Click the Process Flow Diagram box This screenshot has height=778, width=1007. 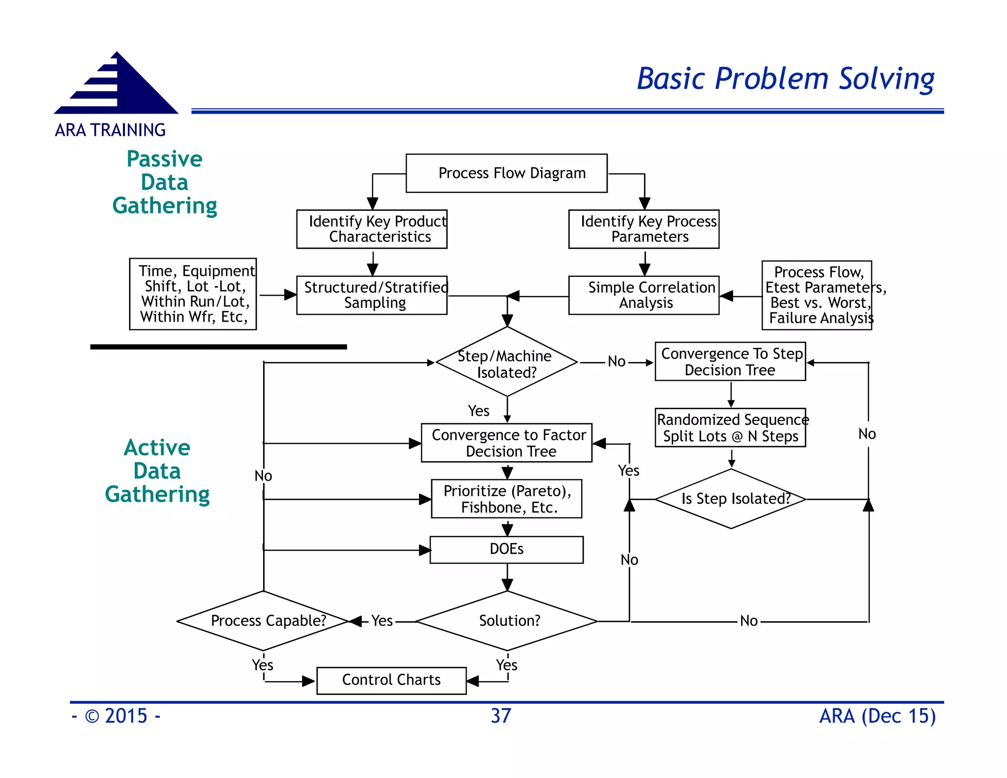(x=506, y=173)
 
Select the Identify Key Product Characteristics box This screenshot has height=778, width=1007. (x=372, y=229)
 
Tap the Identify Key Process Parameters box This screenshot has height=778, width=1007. (x=644, y=229)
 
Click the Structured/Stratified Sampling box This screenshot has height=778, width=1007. (x=372, y=295)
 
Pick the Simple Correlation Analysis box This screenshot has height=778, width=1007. (x=644, y=295)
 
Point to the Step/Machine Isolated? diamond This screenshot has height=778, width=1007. (x=507, y=362)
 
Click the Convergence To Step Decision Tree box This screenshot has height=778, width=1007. (x=730, y=361)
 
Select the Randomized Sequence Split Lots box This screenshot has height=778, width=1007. (x=730, y=427)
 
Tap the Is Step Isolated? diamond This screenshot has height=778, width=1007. (x=731, y=499)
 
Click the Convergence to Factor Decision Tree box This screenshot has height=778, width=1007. (x=506, y=443)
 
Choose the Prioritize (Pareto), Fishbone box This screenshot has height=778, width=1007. (x=506, y=499)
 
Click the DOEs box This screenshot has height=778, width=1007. (x=506, y=549)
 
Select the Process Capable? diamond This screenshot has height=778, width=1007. (x=264, y=621)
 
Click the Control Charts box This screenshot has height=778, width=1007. (x=391, y=680)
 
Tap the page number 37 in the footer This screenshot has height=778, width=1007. (x=501, y=716)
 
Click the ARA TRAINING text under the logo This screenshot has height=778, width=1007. (x=110, y=130)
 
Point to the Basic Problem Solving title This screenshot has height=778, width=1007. (x=785, y=79)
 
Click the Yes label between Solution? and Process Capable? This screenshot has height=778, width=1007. (x=382, y=621)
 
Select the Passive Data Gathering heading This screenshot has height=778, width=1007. (x=165, y=182)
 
